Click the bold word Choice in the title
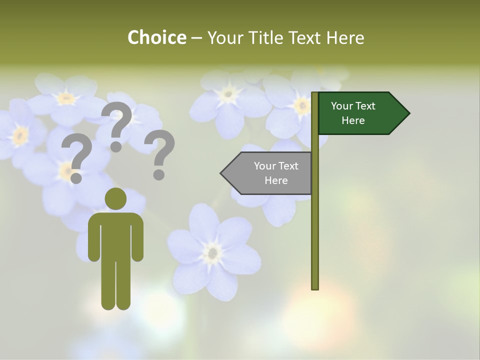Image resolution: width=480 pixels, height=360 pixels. tap(156, 37)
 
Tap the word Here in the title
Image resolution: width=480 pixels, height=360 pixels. tap(345, 37)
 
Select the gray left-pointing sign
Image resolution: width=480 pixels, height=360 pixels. tap(270, 173)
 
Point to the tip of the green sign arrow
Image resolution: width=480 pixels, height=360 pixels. tap(409, 113)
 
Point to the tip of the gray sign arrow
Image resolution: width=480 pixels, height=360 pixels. tap(221, 173)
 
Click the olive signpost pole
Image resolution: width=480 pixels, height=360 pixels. tap(315, 225)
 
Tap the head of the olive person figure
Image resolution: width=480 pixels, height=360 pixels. tap(115, 198)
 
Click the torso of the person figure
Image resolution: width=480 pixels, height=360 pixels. tap(115, 235)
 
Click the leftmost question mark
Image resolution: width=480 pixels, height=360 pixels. tap(76, 157)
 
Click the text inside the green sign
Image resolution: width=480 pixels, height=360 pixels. tap(353, 113)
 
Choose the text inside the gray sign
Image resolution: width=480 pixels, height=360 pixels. tap(276, 173)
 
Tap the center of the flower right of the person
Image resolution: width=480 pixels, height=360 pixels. tap(213, 252)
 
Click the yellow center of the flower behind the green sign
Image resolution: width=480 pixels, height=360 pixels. tap(301, 105)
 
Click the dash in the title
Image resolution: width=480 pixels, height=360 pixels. tap(196, 37)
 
